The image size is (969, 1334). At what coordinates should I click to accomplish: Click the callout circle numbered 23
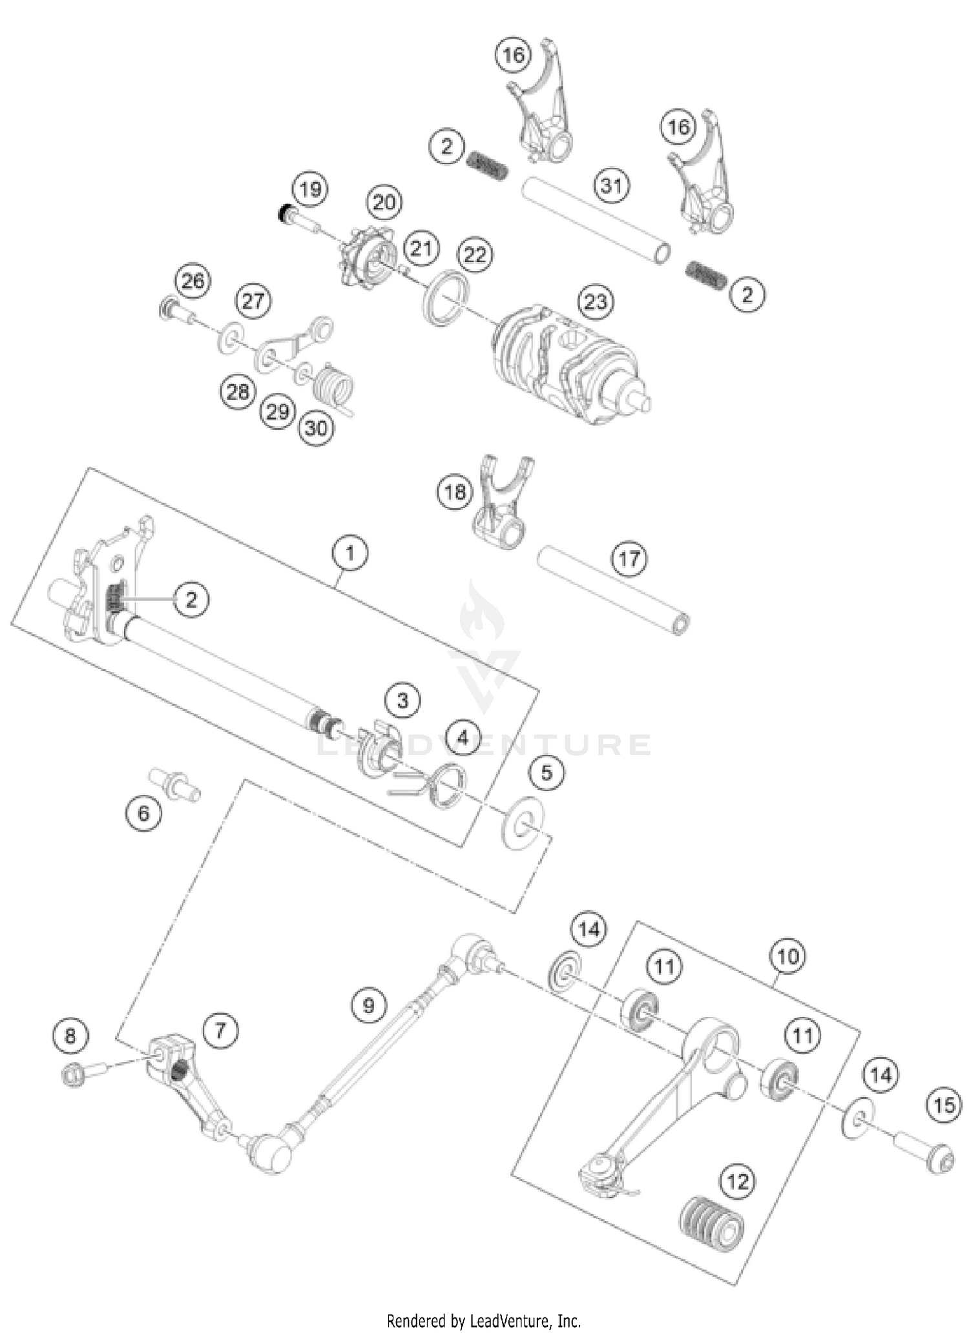pyautogui.click(x=596, y=301)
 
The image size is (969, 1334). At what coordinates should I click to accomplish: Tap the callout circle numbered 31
pyautogui.click(x=611, y=186)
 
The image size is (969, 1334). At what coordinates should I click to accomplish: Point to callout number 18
pyautogui.click(x=455, y=492)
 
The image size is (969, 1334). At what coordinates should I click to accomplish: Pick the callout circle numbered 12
pyautogui.click(x=737, y=1182)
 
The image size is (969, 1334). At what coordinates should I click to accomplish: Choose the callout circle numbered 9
pyautogui.click(x=369, y=1005)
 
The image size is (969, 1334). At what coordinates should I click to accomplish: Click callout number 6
pyautogui.click(x=143, y=813)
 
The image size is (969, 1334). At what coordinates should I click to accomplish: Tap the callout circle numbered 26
pyautogui.click(x=193, y=280)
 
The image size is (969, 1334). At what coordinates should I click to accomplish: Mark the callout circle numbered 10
pyautogui.click(x=787, y=956)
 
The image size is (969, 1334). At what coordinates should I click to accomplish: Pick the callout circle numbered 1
pyautogui.click(x=349, y=553)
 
